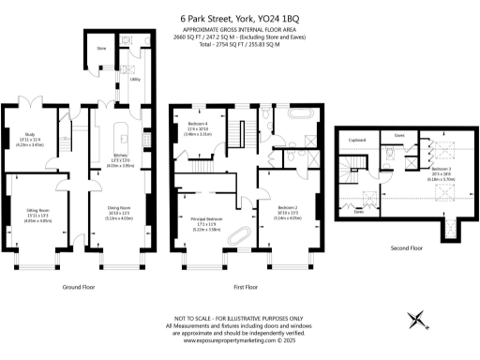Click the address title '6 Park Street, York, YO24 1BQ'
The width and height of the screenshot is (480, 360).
point(240,16)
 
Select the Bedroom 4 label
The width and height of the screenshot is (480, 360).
point(198,125)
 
